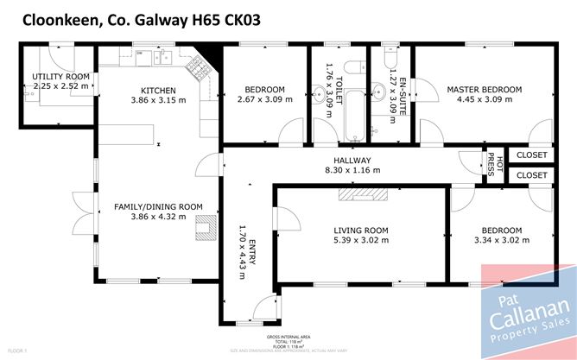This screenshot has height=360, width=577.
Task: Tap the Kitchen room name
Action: [x=158, y=90]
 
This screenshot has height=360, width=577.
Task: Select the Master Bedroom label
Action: [x=484, y=90]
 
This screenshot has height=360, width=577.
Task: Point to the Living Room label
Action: [x=361, y=230]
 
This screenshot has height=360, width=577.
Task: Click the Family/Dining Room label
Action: [x=158, y=206]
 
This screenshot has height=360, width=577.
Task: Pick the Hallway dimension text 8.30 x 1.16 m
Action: [x=352, y=170]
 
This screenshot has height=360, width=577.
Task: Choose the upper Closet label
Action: [x=532, y=155]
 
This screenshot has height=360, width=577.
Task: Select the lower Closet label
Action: [x=532, y=175]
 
